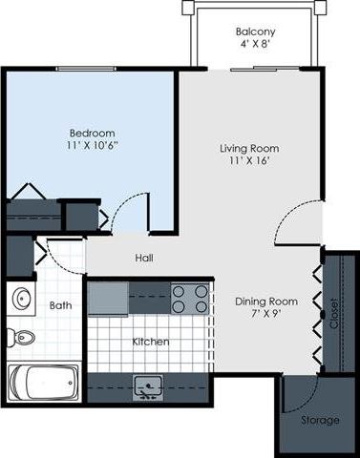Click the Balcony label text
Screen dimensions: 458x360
[x=255, y=31]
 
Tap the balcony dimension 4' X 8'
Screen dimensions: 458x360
[x=255, y=45]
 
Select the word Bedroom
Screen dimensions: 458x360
[x=93, y=133]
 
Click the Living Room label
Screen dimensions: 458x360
[x=248, y=148]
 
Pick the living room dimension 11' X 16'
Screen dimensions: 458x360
[x=248, y=161]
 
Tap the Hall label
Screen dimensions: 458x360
[x=144, y=258]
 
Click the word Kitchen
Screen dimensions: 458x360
[x=151, y=341]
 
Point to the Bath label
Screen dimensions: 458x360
[x=60, y=305]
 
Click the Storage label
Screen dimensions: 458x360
[x=319, y=419]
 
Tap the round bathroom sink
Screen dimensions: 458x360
[x=22, y=299]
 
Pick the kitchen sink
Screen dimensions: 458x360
[x=149, y=385]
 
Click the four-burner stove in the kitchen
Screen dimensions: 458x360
[x=190, y=299]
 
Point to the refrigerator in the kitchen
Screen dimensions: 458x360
[x=108, y=298]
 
